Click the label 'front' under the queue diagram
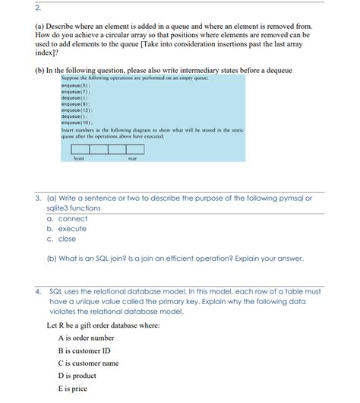tap(78, 158)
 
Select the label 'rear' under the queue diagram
tap(132, 158)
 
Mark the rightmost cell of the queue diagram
tap(135, 149)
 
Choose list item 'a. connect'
tap(67, 219)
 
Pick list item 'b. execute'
tap(67, 229)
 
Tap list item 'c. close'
tap(62, 239)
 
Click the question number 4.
tap(38, 291)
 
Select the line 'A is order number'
tap(86, 338)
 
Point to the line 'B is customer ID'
tap(84, 351)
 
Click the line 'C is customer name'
tap(88, 363)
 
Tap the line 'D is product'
tap(77, 376)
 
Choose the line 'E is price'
tap(73, 389)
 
